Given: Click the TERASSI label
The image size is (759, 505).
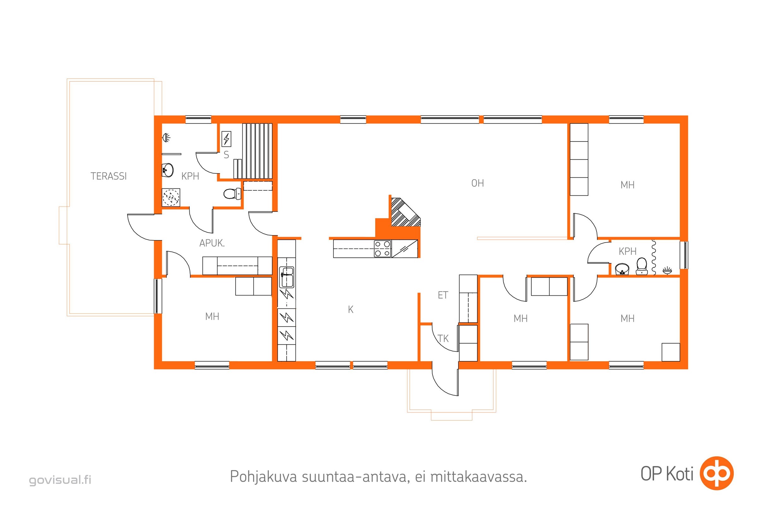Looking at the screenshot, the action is pyautogui.click(x=109, y=176).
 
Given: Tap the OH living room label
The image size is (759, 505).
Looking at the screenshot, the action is pyautogui.click(x=477, y=183).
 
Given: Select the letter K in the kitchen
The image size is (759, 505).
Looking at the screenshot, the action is pyautogui.click(x=350, y=310).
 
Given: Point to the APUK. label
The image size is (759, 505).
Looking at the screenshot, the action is pyautogui.click(x=212, y=243).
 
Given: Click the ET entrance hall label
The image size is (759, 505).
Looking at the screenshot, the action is pyautogui.click(x=443, y=295).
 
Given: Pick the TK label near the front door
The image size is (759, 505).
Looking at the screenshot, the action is pyautogui.click(x=443, y=338).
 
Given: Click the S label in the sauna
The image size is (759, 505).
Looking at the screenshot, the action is pyautogui.click(x=226, y=155).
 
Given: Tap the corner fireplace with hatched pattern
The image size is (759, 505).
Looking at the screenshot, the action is pyautogui.click(x=405, y=211).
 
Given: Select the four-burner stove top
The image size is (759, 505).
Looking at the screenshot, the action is pyautogui.click(x=382, y=249).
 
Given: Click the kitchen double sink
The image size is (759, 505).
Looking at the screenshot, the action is pyautogui.click(x=286, y=277).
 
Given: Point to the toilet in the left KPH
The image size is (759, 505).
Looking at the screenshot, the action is pyautogui.click(x=232, y=193).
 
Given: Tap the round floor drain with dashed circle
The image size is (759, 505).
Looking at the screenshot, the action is pyautogui.click(x=171, y=197).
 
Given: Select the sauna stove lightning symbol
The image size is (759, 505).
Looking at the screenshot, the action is pyautogui.click(x=226, y=139).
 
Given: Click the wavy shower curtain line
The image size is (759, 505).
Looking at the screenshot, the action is pyautogui.click(x=653, y=257).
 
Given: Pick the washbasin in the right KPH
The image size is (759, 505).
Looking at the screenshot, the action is pyautogui.click(x=622, y=269).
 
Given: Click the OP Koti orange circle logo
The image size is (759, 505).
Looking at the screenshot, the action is pyautogui.click(x=717, y=473).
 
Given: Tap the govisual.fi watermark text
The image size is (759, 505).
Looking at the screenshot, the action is pyautogui.click(x=60, y=480).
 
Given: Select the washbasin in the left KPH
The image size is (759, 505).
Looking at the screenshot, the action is pyautogui.click(x=168, y=170).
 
